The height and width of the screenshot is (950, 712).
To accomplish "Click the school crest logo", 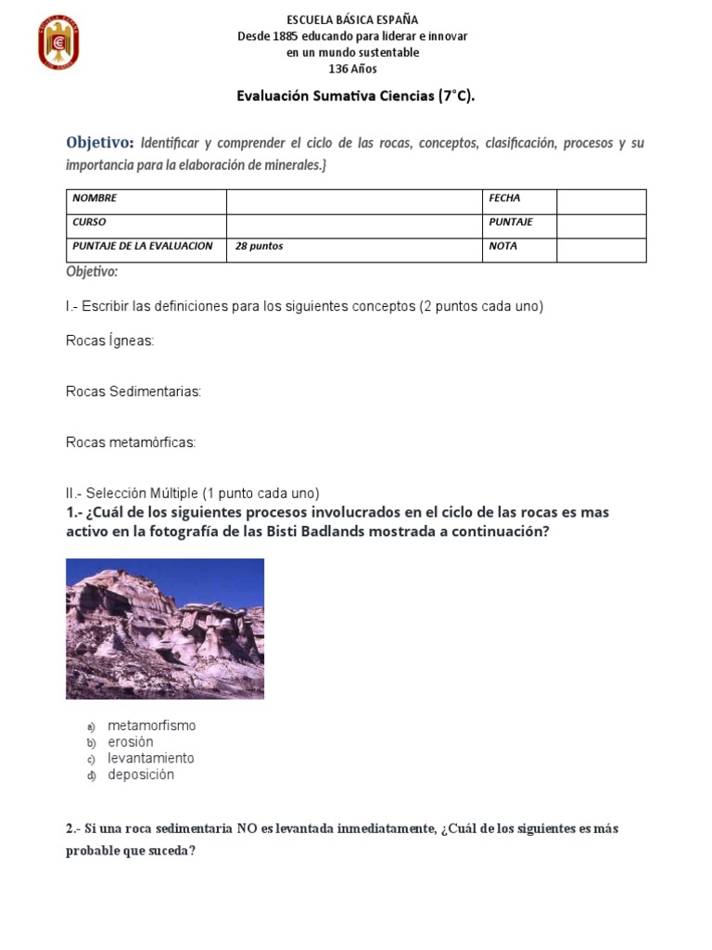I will pos(58,43).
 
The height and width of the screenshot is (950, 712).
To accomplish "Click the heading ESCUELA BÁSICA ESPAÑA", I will pos(352,19).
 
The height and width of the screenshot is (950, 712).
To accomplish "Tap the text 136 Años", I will pos(353,69).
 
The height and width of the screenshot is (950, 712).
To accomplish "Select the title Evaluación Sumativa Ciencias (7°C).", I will pos(356,96).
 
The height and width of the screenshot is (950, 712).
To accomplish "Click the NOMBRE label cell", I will pos(146,199).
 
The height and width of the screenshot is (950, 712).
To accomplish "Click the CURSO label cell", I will pos(146,223).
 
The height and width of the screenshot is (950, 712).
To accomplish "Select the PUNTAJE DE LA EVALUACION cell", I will pos(146,247).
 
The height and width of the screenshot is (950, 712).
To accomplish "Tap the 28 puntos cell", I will pos(354,247).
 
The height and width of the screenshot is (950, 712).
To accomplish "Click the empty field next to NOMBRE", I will pos(354,199).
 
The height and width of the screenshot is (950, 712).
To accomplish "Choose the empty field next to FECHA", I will pos(601,199).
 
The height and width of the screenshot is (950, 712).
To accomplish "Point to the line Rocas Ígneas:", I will pos(110,341).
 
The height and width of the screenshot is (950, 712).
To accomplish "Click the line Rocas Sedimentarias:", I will pos(133,392).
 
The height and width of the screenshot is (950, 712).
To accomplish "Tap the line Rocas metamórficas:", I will pos(131,443).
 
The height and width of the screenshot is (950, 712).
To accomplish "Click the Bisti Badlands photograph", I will pos(165,628).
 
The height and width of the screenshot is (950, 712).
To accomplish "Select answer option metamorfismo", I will pos(151,725).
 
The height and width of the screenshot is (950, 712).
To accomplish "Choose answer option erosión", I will pos(131,742).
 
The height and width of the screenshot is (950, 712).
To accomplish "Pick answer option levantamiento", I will pos(150,758).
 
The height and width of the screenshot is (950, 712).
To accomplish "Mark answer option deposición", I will pos(140,775).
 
